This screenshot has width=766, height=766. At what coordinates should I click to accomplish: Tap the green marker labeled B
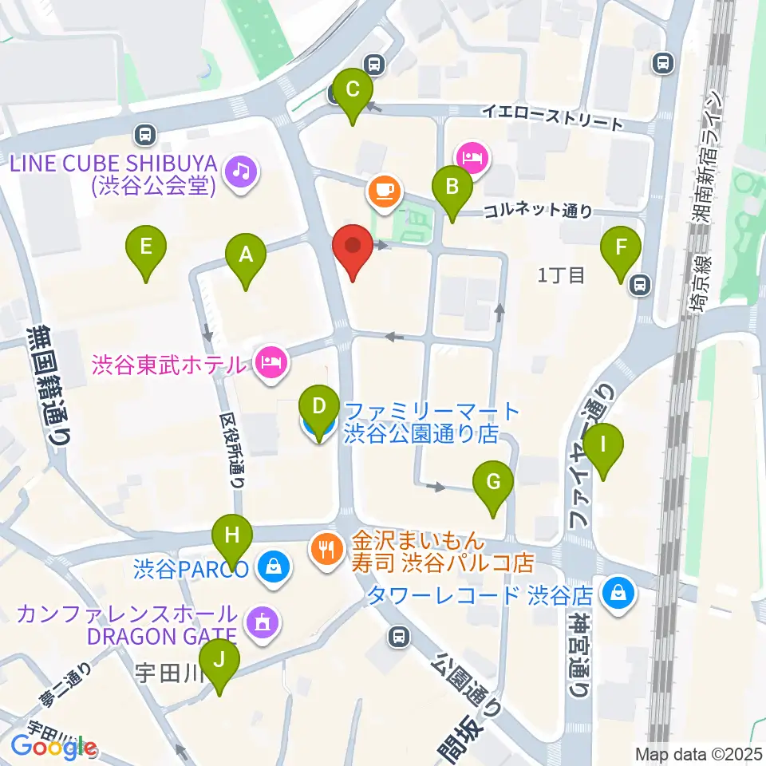452,188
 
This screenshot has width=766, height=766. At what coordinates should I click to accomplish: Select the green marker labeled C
353,92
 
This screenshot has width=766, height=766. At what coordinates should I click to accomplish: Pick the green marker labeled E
146,247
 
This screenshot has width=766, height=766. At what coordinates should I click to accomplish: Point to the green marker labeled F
622,248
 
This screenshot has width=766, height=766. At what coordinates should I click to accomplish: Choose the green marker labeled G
493,483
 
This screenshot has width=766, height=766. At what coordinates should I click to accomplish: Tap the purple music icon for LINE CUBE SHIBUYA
240,170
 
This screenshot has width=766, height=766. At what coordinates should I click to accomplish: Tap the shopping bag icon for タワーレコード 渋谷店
618,592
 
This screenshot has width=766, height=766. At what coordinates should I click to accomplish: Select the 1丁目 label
563,276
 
